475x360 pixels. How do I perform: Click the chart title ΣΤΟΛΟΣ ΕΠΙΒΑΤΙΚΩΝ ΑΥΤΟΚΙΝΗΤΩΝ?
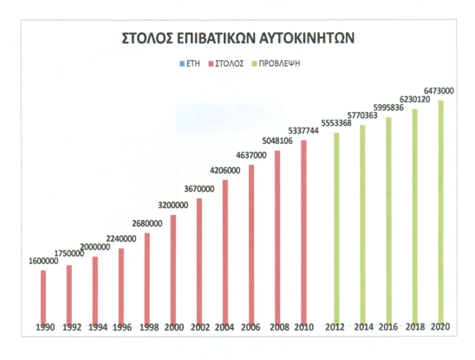tap(238, 38)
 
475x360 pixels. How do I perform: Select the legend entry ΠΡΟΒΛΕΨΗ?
tap(276, 63)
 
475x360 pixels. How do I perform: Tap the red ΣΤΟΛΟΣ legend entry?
tap(226, 63)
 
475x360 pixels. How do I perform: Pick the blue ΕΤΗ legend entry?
tap(190, 63)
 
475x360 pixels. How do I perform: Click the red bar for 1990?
tap(43, 298)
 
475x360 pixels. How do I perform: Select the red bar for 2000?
tap(173, 270)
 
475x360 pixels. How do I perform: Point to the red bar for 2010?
tap(303, 232)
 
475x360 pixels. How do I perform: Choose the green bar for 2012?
tap(336, 229)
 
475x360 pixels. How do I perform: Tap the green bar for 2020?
tap(441, 213)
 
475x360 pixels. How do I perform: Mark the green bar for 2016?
tap(388, 221)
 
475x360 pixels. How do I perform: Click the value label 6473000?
tap(439, 91)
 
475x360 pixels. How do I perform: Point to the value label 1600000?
tap(43, 261)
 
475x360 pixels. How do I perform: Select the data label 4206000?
tap(225, 170)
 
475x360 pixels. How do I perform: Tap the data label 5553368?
tap(336, 123)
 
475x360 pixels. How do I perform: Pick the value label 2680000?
tap(147, 224)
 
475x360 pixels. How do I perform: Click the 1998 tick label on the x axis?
tap(149, 327)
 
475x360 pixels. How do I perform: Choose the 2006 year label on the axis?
tap(251, 327)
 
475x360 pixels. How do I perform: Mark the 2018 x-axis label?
tap(415, 327)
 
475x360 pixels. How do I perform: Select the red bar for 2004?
tap(225, 252)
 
